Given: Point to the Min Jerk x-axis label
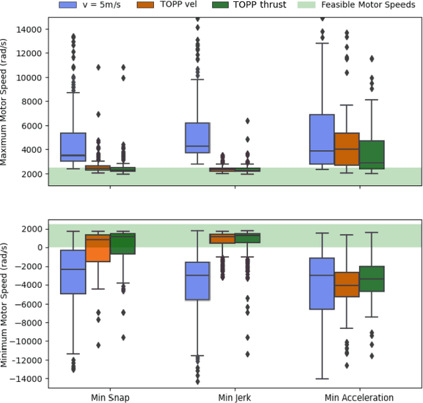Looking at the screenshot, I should pyautogui.click(x=235, y=397).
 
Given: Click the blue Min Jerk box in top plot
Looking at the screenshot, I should pyautogui.click(x=197, y=138).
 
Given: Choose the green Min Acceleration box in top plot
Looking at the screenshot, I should pyautogui.click(x=373, y=154).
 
